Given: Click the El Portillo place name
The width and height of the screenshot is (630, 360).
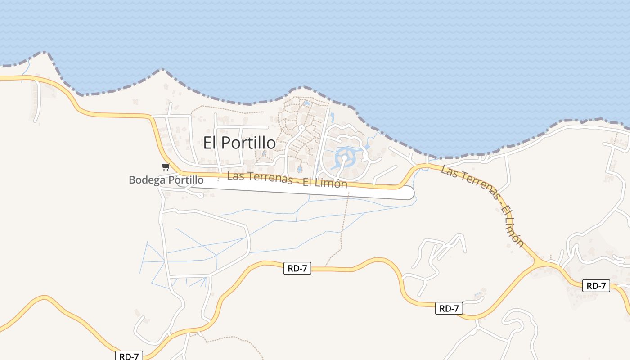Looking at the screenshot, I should click(239, 143).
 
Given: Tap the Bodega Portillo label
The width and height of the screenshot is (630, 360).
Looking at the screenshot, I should click(166, 180).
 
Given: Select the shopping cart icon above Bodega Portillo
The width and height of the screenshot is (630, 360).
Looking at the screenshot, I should click(166, 167).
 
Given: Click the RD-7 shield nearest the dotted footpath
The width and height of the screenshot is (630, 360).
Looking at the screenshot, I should click(298, 269).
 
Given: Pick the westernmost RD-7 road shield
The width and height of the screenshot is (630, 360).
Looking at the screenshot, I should click(129, 356).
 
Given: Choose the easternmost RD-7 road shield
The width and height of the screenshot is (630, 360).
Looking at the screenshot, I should click(596, 285).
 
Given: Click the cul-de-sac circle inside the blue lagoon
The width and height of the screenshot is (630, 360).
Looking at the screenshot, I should click(345, 157).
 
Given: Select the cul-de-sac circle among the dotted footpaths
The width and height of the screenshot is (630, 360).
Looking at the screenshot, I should click(301, 128).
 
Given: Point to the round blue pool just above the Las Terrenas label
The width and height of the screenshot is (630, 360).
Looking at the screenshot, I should click(300, 169).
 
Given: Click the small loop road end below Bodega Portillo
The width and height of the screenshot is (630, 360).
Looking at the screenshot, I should click(199, 195).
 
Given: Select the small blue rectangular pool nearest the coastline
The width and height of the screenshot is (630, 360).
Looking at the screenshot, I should click(307, 103).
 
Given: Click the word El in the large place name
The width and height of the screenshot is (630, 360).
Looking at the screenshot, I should click(211, 143).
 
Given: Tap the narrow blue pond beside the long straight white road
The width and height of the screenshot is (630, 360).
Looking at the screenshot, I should click(332, 118).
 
